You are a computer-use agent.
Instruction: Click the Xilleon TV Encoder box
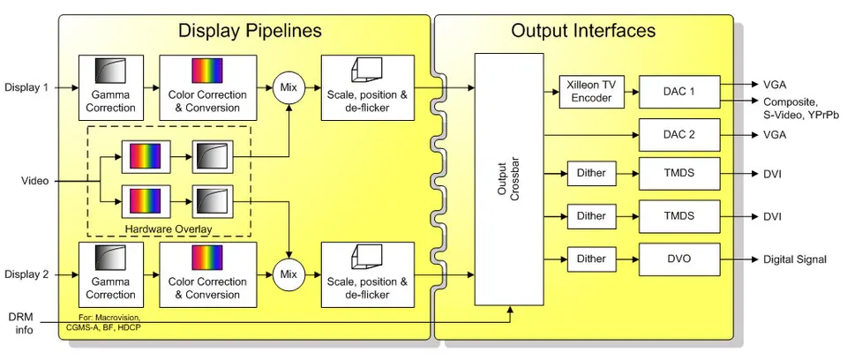pos(589,91)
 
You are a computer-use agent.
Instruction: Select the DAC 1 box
pos(678,91)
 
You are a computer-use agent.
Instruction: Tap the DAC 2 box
pos(678,135)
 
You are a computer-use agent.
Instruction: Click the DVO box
pos(678,259)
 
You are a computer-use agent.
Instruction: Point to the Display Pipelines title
pos(250,31)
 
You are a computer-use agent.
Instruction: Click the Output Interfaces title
pos(583,31)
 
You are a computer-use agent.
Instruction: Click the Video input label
pos(34,182)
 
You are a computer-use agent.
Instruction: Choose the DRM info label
pos(22,323)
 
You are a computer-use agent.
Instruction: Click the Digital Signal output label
pos(793,259)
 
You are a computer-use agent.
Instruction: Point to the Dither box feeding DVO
pos(591,259)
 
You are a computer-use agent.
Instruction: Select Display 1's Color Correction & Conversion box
pos(207,88)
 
